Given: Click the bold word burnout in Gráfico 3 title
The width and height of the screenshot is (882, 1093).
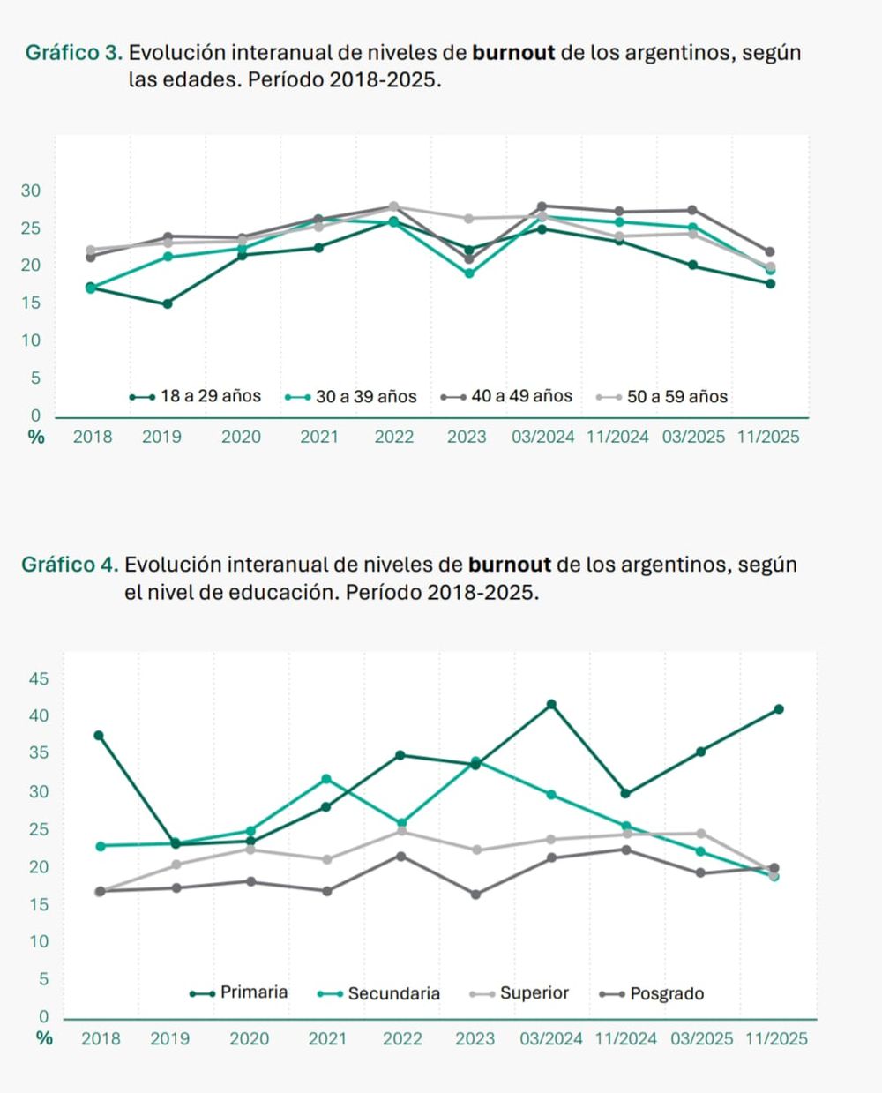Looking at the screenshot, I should tap(513, 53).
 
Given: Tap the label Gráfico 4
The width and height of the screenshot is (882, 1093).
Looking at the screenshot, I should tap(69, 565).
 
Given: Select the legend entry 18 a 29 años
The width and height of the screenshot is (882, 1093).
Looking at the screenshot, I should tap(195, 396).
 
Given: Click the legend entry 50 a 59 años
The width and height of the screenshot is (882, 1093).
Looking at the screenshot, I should tap(662, 397).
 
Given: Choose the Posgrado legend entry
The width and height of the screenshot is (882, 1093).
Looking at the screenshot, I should tap(652, 993).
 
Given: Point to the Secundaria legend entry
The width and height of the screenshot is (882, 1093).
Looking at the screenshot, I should tap(379, 993).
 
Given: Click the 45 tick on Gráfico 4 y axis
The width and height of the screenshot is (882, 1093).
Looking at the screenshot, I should tap(39, 678).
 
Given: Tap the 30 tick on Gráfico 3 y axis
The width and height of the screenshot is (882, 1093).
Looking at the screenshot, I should tap(31, 191).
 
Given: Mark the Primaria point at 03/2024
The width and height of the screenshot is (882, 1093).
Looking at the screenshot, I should tap(551, 704).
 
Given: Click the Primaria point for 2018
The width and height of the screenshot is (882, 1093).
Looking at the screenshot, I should tap(99, 735).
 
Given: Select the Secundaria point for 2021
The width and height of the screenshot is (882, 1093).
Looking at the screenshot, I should tap(326, 779).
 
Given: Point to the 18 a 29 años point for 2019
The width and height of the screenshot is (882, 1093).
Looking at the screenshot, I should tap(168, 303).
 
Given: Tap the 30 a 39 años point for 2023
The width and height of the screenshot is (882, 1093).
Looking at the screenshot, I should tap(469, 273).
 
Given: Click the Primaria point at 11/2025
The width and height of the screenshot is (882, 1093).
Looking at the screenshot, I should tap(779, 708).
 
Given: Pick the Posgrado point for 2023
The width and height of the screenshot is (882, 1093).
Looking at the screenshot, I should tap(476, 895).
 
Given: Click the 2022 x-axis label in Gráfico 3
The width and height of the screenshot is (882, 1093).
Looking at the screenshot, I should tap(393, 437).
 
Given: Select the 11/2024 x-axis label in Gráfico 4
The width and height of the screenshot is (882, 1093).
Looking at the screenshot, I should tap(625, 1039).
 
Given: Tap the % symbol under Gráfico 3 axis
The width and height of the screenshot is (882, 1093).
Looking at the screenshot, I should tap(36, 437).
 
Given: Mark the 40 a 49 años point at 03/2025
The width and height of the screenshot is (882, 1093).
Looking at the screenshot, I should tap(693, 210).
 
